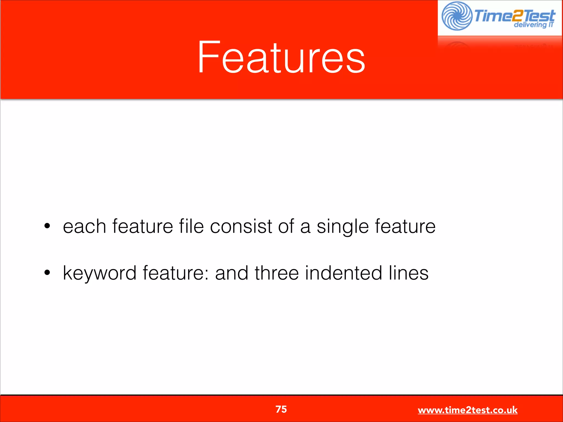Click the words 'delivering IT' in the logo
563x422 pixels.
tap(534, 25)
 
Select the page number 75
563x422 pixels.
tap(281, 409)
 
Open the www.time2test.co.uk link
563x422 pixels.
tap(468, 410)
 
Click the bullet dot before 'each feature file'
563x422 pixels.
tap(47, 226)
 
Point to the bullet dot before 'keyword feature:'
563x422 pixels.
tap(47, 273)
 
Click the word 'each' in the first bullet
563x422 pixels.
tap(84, 226)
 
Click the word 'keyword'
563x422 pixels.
tap(100, 273)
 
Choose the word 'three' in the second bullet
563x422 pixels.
tap(277, 273)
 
